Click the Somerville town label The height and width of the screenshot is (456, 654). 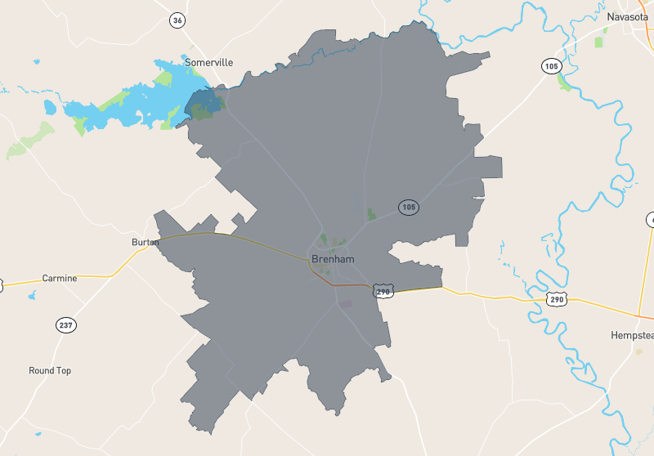coord(208,62)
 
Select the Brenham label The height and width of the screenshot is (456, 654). coord(333,259)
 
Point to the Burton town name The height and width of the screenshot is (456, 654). coord(145,243)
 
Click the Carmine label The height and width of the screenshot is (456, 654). coord(60,279)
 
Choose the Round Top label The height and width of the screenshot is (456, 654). coord(50,371)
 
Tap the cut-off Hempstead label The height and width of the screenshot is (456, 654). coord(631,336)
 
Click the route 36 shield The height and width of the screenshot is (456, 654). coord(177,20)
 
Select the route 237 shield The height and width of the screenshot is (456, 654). coord(66,325)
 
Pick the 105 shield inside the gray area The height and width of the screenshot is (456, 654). coord(409,208)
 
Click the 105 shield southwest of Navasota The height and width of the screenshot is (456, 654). coord(550,65)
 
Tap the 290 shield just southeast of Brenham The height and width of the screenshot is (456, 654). coord(383,291)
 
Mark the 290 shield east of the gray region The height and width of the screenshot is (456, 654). coord(556,300)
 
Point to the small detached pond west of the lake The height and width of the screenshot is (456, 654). coord(50,107)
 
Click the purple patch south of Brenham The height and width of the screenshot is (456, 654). coord(344,304)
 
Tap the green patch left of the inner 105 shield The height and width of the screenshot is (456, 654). coord(372,215)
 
